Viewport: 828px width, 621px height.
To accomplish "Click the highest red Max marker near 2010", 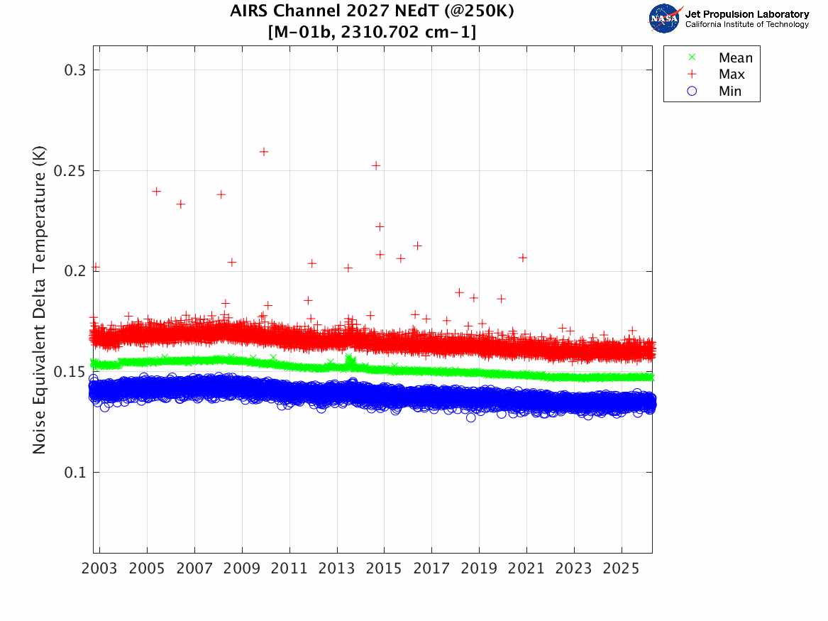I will point(264,151).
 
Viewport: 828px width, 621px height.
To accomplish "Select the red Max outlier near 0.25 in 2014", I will point(376,165).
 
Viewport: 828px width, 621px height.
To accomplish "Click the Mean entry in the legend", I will point(735,58).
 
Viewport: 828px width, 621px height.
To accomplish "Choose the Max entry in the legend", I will point(732,75).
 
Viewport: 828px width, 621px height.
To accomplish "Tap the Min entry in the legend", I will point(730,91).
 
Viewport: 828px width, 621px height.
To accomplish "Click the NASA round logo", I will point(665,18).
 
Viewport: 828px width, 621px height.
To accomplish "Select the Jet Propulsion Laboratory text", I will point(746,14).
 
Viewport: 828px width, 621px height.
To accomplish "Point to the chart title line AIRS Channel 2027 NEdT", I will point(372,12).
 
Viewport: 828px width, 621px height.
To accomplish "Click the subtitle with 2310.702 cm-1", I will point(372,32).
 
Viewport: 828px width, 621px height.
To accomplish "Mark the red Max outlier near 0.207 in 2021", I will point(523,258).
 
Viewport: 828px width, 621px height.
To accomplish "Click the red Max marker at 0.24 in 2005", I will point(156,191).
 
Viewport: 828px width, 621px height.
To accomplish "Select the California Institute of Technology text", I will point(746,25).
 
